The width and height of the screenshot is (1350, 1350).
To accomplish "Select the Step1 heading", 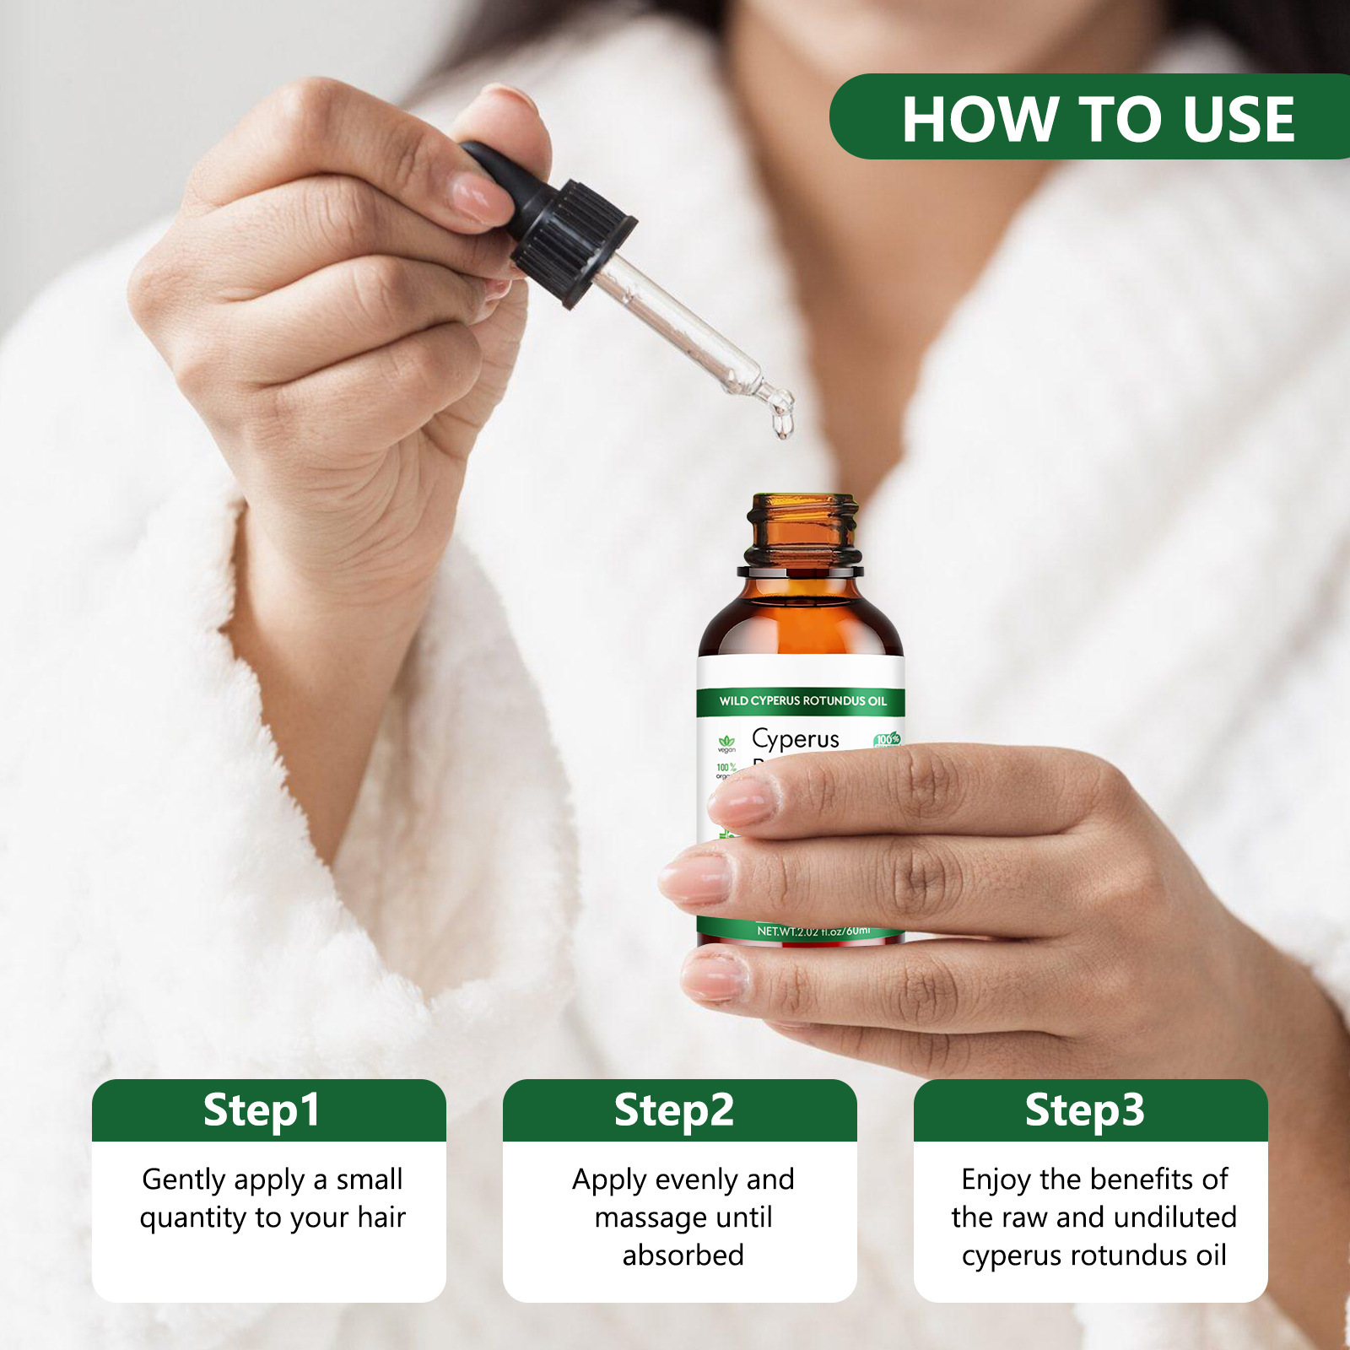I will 262,1110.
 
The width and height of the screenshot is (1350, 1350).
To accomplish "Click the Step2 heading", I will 674,1110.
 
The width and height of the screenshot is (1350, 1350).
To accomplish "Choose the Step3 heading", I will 1085,1110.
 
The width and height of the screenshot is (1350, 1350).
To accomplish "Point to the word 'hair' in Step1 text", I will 381,1218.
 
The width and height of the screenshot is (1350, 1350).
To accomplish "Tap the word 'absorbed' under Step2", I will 683,1255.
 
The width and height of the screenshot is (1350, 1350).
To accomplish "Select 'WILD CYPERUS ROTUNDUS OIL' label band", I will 802,701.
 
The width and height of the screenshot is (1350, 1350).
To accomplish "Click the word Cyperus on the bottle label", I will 795,739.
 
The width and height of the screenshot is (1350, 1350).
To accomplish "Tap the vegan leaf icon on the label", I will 726,742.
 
